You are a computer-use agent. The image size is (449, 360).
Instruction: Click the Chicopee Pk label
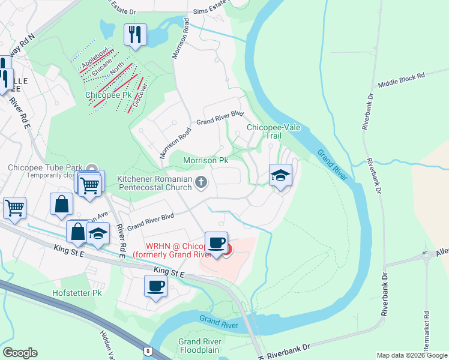point(108,95)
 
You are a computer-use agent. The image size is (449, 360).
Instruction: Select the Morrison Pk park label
point(205,161)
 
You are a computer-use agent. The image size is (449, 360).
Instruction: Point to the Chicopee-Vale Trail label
point(265,131)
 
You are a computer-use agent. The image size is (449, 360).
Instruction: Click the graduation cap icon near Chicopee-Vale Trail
point(280,175)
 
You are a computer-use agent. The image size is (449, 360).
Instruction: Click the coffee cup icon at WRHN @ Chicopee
point(217,243)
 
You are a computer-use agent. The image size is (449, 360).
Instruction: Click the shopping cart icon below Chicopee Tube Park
point(90,185)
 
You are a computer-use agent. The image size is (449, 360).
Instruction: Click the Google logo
point(19,353)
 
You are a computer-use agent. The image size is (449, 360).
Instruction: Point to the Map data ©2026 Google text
point(411,355)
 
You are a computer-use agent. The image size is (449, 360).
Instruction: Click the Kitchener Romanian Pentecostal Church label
point(154,182)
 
